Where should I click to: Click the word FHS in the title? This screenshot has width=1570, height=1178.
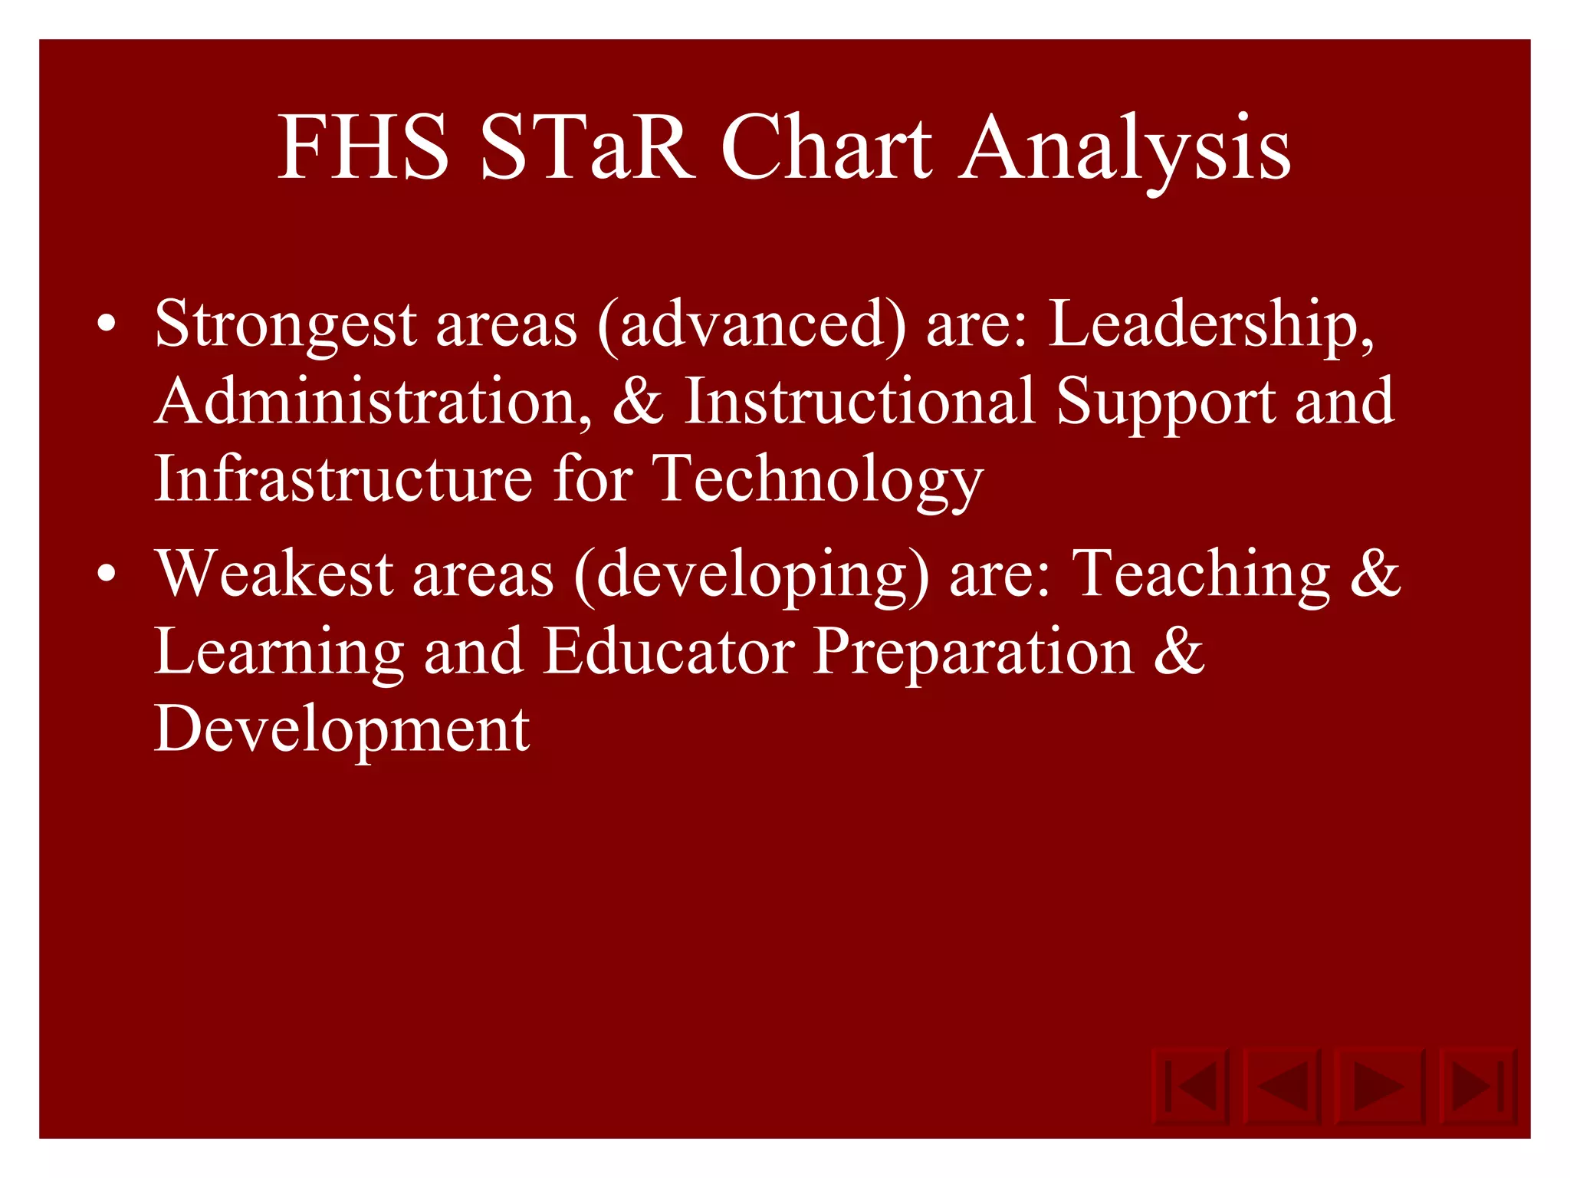click(x=363, y=147)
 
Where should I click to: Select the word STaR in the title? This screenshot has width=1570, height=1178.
click(x=586, y=147)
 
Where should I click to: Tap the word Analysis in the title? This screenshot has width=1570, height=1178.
click(x=1125, y=150)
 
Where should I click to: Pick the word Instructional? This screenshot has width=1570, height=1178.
click(x=859, y=402)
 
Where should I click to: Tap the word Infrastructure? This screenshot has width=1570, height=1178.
click(x=343, y=479)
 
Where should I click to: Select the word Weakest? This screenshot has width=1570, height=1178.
click(x=274, y=574)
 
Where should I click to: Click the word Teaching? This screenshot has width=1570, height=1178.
click(x=1200, y=575)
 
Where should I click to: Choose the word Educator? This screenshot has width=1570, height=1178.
click(x=669, y=652)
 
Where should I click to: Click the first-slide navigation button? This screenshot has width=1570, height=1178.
click(x=1191, y=1085)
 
